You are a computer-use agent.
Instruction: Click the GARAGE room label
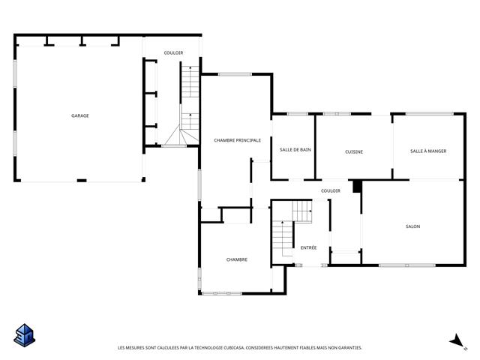click(x=80, y=115)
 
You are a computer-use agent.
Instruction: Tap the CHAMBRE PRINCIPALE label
click(x=237, y=140)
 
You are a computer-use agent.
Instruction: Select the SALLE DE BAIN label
click(x=295, y=150)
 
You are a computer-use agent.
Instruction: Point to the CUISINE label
click(x=354, y=151)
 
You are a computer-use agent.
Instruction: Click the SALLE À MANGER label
click(x=428, y=151)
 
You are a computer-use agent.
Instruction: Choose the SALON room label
click(x=412, y=226)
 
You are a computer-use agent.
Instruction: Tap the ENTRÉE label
click(x=308, y=247)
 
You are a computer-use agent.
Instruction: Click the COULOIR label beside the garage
click(x=173, y=53)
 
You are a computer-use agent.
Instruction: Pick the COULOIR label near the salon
click(x=331, y=190)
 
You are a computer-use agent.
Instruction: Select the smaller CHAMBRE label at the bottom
click(x=237, y=259)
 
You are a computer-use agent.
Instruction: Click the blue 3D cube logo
click(x=25, y=335)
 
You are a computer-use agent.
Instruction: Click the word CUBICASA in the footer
click(x=234, y=348)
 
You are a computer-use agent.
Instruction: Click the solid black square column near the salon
click(x=357, y=187)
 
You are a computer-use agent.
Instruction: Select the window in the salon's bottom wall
click(x=407, y=265)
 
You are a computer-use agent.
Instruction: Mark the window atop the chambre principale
click(x=235, y=74)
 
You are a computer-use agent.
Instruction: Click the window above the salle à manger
click(x=430, y=114)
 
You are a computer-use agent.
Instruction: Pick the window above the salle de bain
click(x=298, y=114)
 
